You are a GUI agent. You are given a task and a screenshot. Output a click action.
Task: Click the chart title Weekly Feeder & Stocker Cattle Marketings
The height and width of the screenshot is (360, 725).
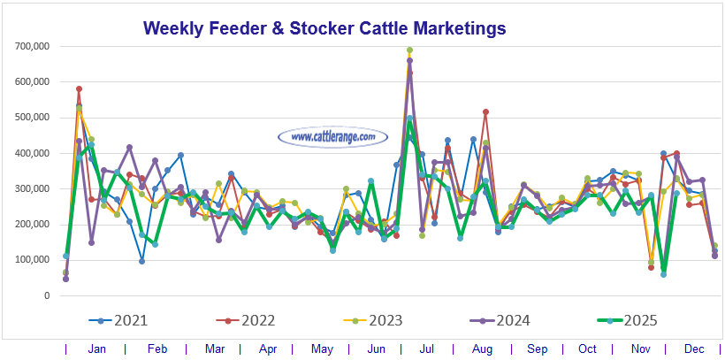[324, 28]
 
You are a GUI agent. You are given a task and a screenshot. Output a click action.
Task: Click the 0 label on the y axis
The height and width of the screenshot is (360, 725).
[46, 295]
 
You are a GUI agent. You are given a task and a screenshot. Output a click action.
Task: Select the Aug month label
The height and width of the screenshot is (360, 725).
[483, 349]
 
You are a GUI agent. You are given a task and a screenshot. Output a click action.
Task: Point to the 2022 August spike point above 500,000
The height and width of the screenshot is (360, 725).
[485, 112]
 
